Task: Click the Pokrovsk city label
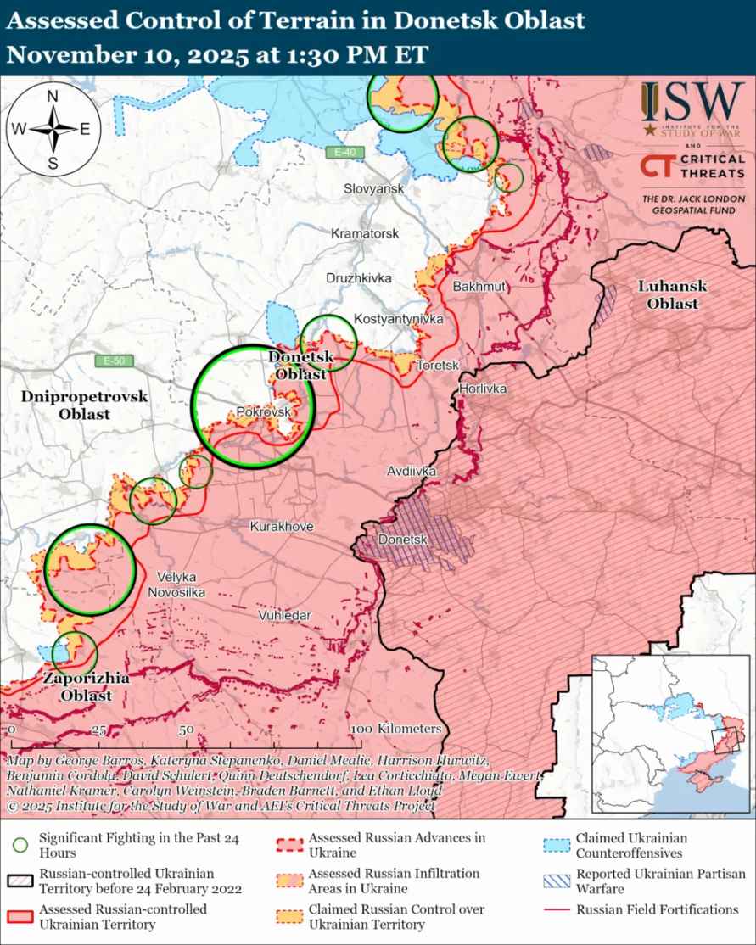pos(264,411)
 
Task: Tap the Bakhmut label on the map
pos(479,287)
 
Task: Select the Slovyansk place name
pos(374,188)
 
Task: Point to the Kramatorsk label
pos(364,232)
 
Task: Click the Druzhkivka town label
pos(359,277)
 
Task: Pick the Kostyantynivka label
pos(399,320)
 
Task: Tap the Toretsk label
pos(437,366)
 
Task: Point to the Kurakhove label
pos(282,527)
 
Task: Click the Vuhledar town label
pos(285,615)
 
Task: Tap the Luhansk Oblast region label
pos(669,295)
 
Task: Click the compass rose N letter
pos(52,97)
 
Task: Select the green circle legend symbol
pos(21,845)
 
